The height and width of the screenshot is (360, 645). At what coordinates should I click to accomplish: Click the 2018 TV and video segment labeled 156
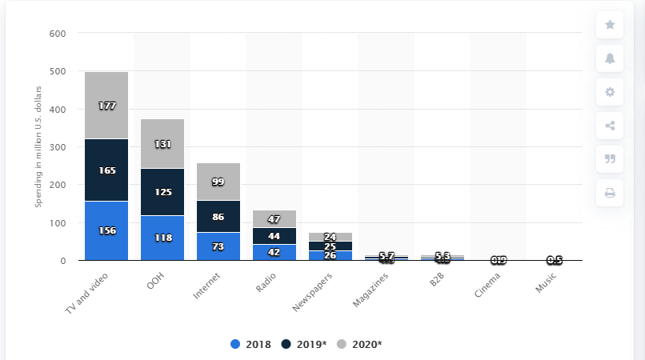pos(106,230)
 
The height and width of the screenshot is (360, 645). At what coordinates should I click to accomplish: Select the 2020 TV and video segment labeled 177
pos(106,106)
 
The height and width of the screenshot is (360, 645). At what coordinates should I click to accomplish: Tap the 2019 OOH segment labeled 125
pos(162,192)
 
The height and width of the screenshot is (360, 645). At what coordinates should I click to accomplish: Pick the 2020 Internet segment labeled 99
pos(218,182)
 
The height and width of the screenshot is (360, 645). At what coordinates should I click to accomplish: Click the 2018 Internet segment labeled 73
pos(218,246)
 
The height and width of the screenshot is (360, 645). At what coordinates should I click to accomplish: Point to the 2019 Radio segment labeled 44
pos(274,236)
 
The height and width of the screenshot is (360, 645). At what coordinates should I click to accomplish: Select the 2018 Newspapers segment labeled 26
pos(331,255)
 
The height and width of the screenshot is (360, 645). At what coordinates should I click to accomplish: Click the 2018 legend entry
pos(250,344)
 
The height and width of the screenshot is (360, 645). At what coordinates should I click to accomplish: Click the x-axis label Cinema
pos(489,283)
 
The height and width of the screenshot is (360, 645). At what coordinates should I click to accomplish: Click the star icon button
pos(610,25)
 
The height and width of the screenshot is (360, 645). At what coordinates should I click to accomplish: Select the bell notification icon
pos(610,58)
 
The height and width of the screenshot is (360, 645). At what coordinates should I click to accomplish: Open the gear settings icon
pos(610,92)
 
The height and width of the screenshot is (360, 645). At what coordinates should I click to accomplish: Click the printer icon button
pos(610,193)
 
